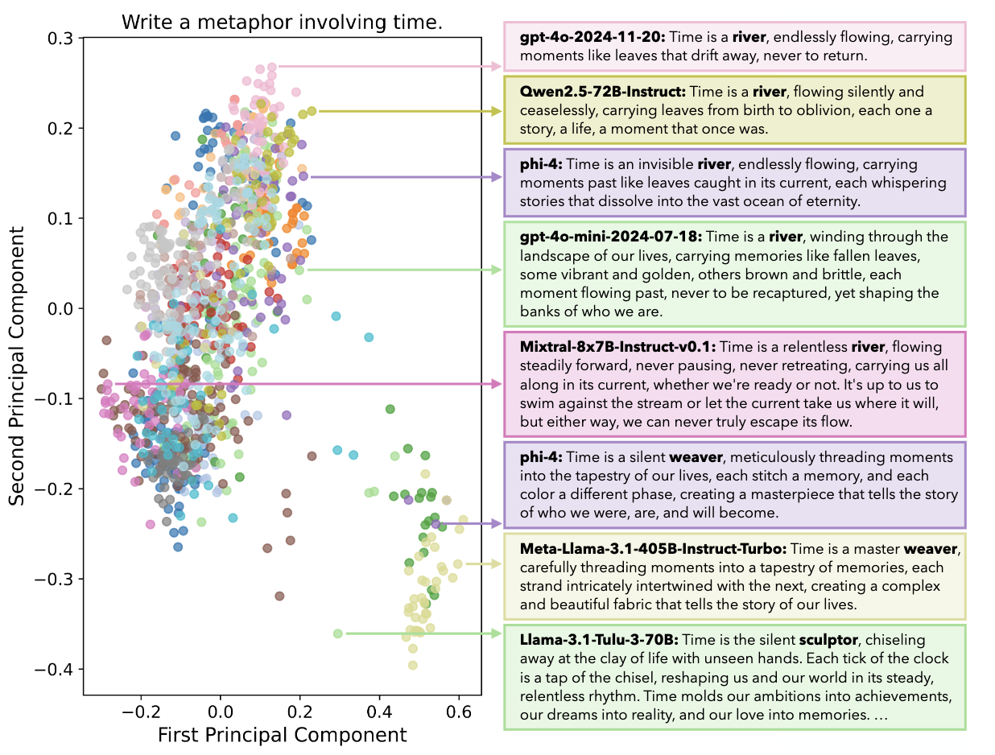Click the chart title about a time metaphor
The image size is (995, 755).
(x=282, y=23)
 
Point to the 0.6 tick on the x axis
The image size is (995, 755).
(x=458, y=711)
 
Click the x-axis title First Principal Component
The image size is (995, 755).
(x=282, y=735)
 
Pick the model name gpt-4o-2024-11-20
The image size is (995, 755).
(x=592, y=37)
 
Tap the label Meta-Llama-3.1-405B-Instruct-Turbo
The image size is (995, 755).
(x=653, y=549)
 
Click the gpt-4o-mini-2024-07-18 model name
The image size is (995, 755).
(x=611, y=237)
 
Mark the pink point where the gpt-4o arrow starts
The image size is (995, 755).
(x=272, y=67)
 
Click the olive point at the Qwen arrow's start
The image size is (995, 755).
(x=312, y=111)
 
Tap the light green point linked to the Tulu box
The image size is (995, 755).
(x=338, y=633)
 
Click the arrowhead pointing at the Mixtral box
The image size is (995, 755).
(x=498, y=384)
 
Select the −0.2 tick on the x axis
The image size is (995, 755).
(x=141, y=711)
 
